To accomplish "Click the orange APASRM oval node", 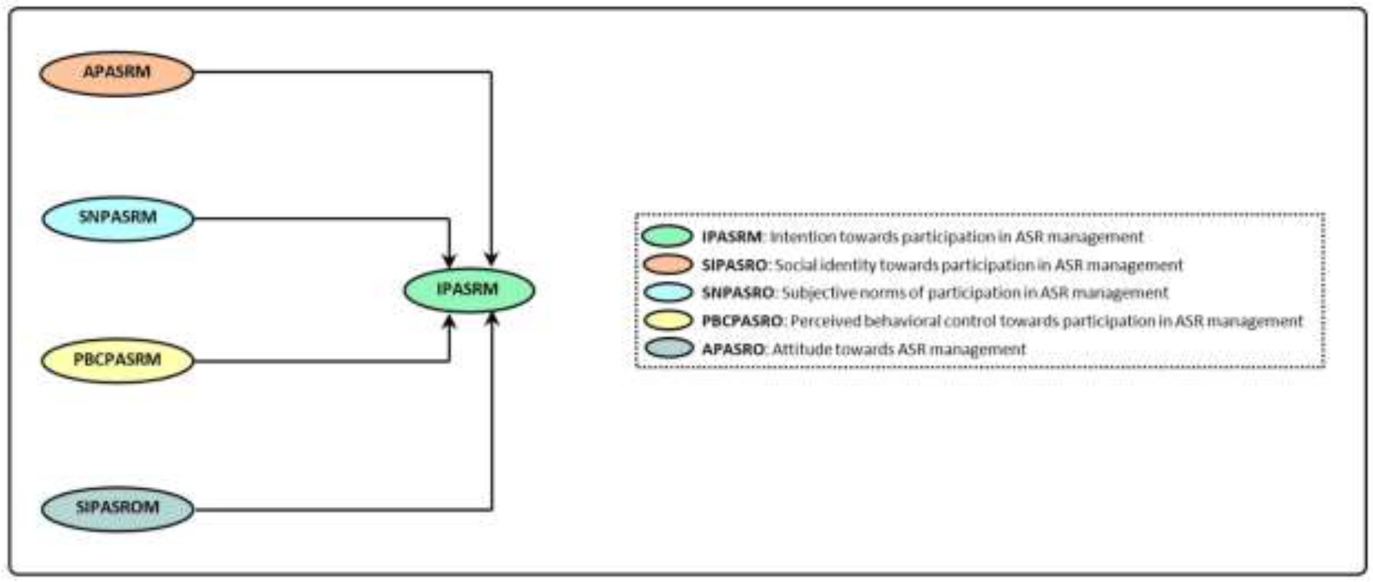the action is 117,72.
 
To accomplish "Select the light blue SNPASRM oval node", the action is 118,218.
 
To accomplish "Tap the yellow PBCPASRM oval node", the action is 118,360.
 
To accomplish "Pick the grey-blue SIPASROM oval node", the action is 118,508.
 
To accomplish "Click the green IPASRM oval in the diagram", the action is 469,290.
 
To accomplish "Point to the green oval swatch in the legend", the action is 668,237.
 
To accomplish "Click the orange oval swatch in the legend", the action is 668,265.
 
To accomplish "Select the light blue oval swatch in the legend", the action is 668,293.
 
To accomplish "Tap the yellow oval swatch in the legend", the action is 668,321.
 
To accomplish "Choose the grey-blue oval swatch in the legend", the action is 668,349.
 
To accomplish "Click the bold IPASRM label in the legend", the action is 731,237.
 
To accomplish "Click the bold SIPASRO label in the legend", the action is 733,265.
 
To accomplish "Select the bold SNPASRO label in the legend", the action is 738,293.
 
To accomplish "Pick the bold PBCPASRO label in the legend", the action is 742,321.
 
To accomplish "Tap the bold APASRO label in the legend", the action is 733,349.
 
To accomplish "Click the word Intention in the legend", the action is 797,237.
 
